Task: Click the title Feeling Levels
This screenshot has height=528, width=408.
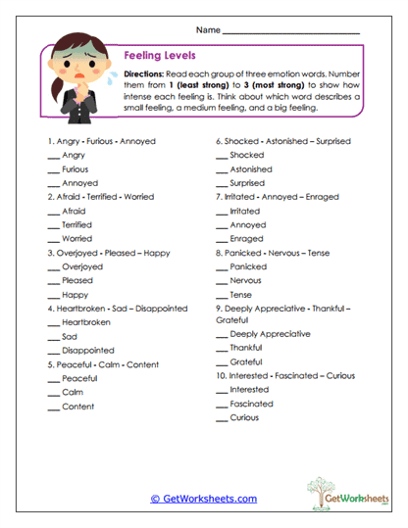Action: tap(160, 57)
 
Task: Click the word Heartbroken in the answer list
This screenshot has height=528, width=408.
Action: tap(86, 322)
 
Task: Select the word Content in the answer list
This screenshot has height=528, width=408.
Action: tap(77, 407)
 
